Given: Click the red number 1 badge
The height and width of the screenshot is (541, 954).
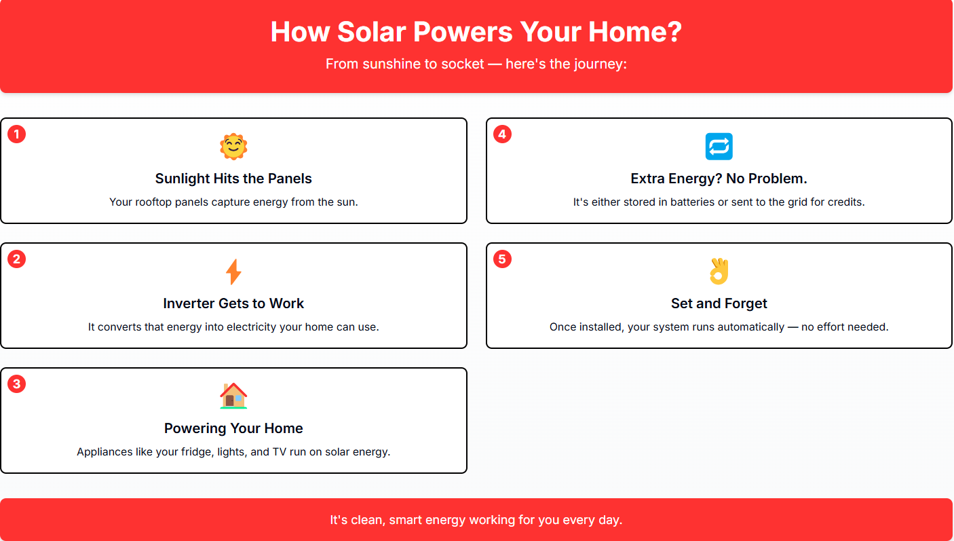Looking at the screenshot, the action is click(16, 134).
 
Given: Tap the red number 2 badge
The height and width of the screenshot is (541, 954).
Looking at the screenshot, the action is click(16, 259).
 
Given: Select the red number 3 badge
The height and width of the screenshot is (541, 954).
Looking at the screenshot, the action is click(16, 384).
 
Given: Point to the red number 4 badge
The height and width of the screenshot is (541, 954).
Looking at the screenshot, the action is click(502, 134).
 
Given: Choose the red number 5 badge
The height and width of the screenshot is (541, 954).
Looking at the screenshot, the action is click(502, 259).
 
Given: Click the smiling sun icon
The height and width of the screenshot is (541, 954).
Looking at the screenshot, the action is click(233, 147).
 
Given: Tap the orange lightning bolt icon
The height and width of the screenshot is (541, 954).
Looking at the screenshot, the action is click(233, 272).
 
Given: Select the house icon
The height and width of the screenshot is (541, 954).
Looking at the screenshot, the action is click(233, 396).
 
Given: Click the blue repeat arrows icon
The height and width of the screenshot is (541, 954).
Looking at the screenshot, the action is click(719, 147).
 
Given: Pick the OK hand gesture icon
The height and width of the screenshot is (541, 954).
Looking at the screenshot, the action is click(719, 271).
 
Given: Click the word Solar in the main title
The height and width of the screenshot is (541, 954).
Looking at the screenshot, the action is click(371, 32).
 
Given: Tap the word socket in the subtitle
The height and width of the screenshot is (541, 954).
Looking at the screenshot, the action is click(463, 64).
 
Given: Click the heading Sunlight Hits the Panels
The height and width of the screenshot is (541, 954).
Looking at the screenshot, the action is click(233, 179).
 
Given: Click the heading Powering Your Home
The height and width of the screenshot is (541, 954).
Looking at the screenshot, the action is click(233, 428).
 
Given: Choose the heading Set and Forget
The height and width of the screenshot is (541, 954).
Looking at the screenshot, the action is click(719, 303).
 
